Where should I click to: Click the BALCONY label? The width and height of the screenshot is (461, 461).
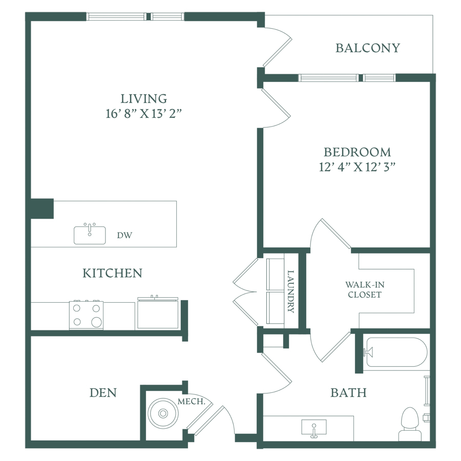point(368,48)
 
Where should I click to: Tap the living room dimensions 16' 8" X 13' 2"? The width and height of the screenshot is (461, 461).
point(143,114)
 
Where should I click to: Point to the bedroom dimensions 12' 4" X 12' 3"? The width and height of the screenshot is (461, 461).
point(357,167)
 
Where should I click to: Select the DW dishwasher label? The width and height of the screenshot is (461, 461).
point(124,235)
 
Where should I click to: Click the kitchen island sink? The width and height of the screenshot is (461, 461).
point(90,234)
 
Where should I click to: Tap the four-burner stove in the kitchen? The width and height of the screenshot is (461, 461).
point(86,315)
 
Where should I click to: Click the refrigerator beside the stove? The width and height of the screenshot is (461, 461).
point(158,312)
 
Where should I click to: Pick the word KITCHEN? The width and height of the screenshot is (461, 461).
point(112,273)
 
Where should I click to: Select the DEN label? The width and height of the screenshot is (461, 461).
point(103,393)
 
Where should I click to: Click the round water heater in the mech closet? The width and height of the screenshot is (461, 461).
point(163,413)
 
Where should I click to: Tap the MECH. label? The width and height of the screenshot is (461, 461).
point(192,402)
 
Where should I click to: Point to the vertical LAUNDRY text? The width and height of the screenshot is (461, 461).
point(291,291)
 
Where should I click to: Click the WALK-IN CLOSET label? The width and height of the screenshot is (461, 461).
point(365,289)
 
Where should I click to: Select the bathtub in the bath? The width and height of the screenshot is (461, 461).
point(396,352)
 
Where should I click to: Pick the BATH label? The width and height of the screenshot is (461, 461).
point(348,393)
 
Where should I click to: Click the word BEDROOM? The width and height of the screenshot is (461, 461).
point(357,152)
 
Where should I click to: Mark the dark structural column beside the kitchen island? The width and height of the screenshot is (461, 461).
point(42,209)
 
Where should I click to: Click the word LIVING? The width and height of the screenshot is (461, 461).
point(144,99)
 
